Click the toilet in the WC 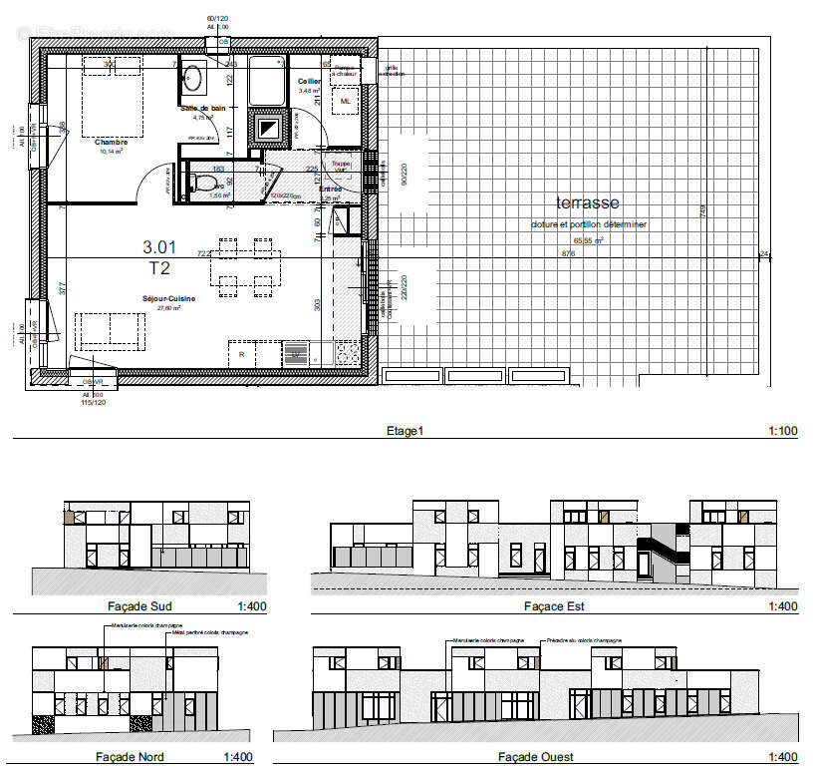coord(204,184)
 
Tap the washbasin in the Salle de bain coord(192,77)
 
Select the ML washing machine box coord(346,102)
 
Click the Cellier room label coord(308,81)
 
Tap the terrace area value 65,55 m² coord(588,240)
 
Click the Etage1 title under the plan coord(405,431)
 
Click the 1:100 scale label coord(783,431)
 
